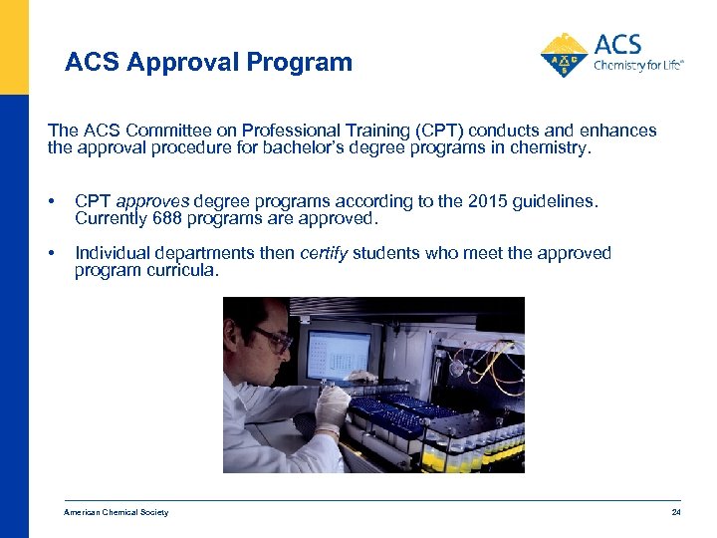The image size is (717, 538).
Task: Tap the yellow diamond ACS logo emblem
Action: click(564, 55)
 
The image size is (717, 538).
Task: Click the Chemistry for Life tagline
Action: click(638, 67)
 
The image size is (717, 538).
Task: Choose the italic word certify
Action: click(324, 253)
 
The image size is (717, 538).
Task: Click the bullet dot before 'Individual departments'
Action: click(52, 254)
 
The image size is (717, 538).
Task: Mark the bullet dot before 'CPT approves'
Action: click(52, 202)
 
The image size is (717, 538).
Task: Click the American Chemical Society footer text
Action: click(117, 512)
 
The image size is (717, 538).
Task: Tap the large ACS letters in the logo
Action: click(617, 45)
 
